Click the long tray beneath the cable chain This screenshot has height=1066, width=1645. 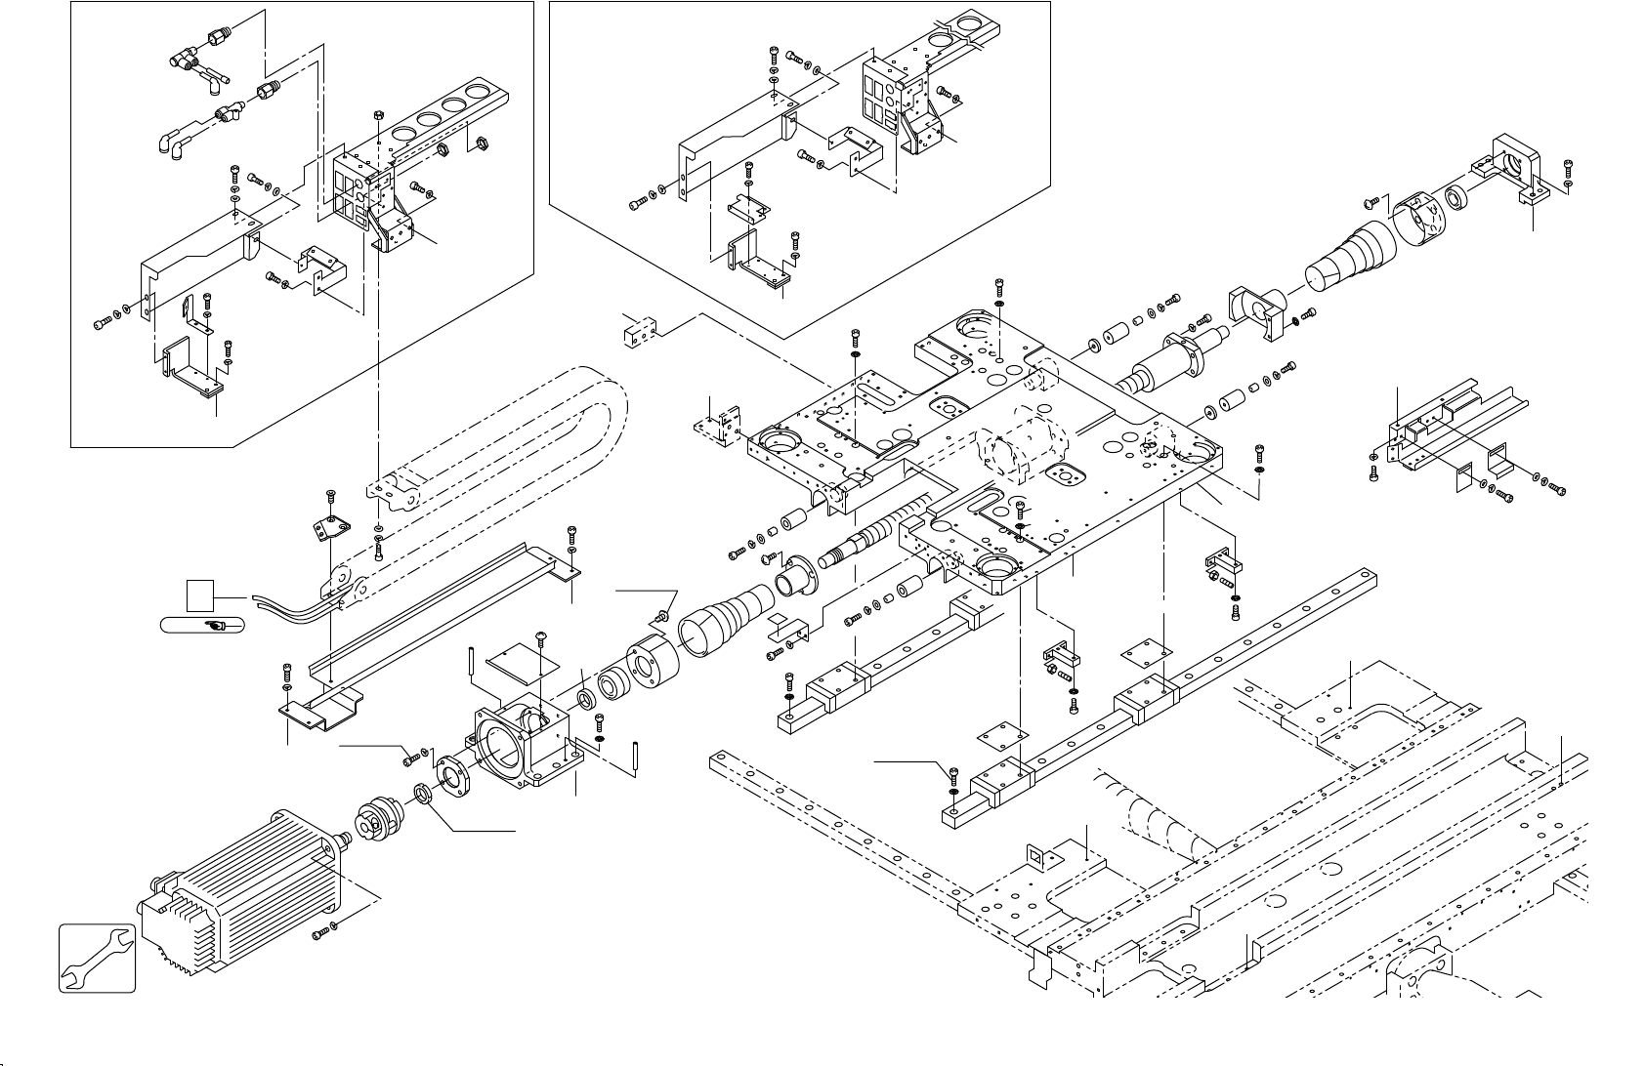pos(440,615)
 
